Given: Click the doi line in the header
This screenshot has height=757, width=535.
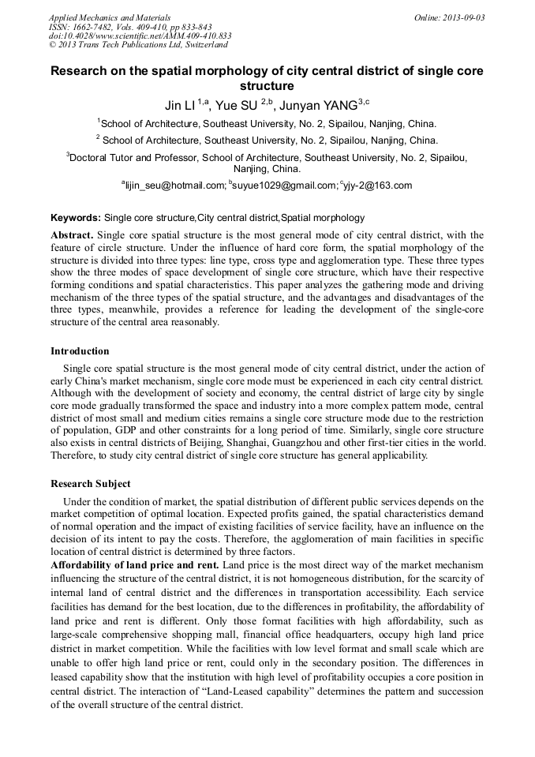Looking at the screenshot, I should point(140,36).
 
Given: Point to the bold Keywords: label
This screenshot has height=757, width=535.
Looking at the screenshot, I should point(76,217).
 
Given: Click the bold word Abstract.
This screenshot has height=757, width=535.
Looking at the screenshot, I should point(72,235).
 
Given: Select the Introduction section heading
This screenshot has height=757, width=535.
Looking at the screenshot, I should point(80,350).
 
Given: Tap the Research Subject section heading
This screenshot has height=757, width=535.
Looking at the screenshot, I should point(91,483).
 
